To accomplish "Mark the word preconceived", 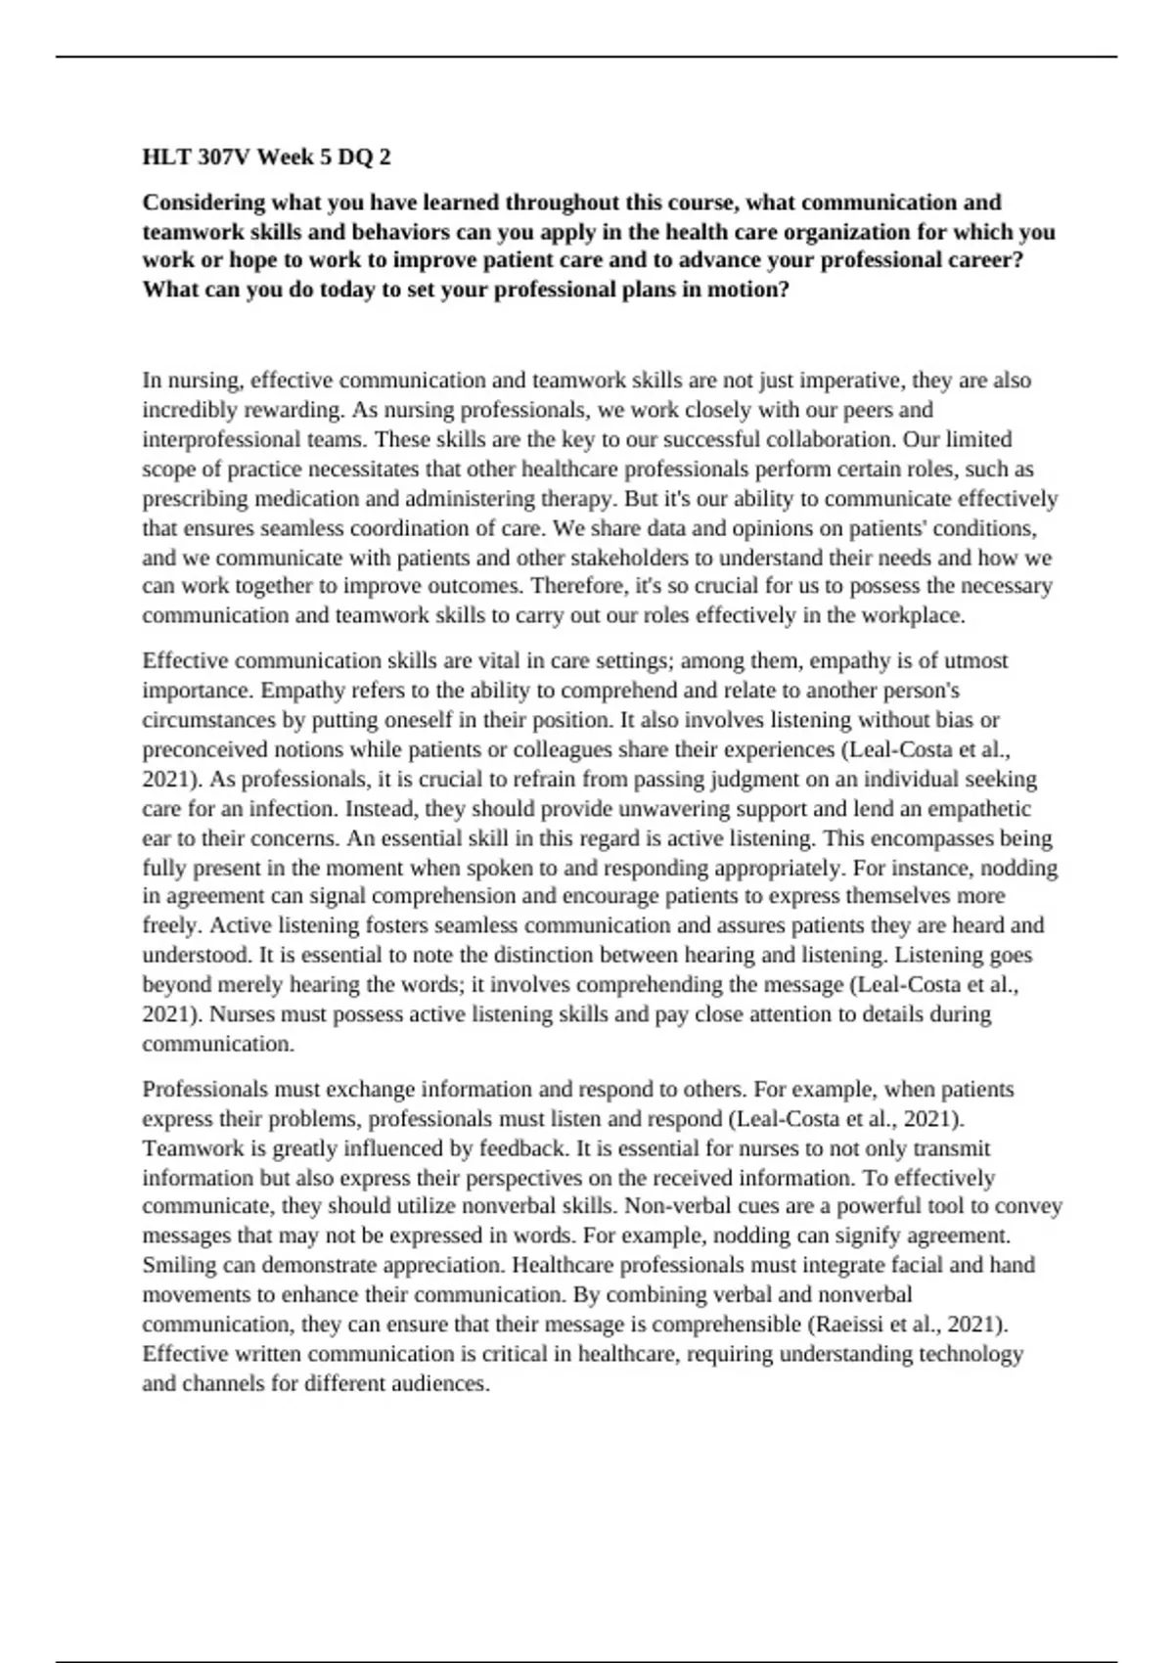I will pos(203,750).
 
